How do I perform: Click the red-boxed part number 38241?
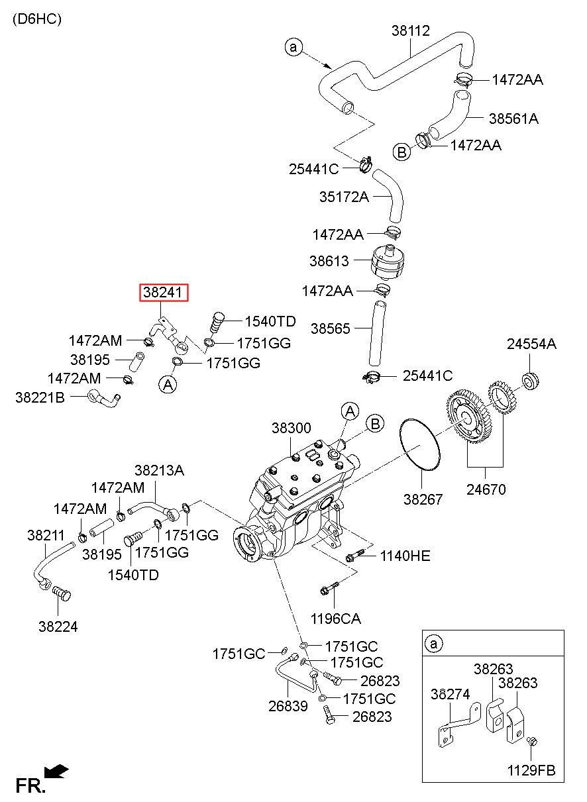164,293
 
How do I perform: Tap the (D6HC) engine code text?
37,19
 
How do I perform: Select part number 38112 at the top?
410,30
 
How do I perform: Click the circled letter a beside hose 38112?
293,47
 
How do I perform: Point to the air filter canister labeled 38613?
388,262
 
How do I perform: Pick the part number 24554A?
531,344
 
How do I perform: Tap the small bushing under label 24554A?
531,381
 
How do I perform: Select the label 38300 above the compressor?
291,428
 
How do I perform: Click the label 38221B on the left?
40,397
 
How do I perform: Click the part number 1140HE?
405,556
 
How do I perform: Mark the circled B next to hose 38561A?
402,152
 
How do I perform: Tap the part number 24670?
486,489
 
